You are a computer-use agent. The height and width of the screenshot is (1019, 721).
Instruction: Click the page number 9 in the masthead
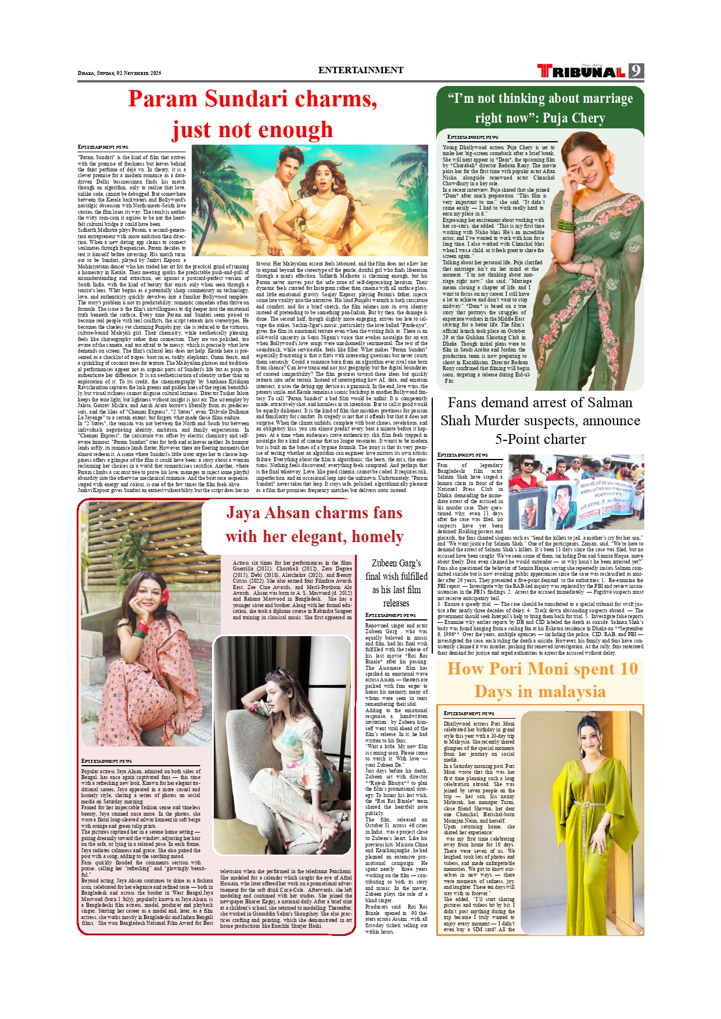point(636,71)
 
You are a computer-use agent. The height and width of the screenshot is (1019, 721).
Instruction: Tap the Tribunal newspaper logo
point(582,71)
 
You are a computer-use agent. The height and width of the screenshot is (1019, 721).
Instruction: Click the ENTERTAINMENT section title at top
point(361,70)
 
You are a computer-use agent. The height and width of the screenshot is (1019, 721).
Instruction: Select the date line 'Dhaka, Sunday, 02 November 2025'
point(120,73)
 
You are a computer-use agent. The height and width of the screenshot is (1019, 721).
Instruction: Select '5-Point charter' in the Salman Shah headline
point(540,439)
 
